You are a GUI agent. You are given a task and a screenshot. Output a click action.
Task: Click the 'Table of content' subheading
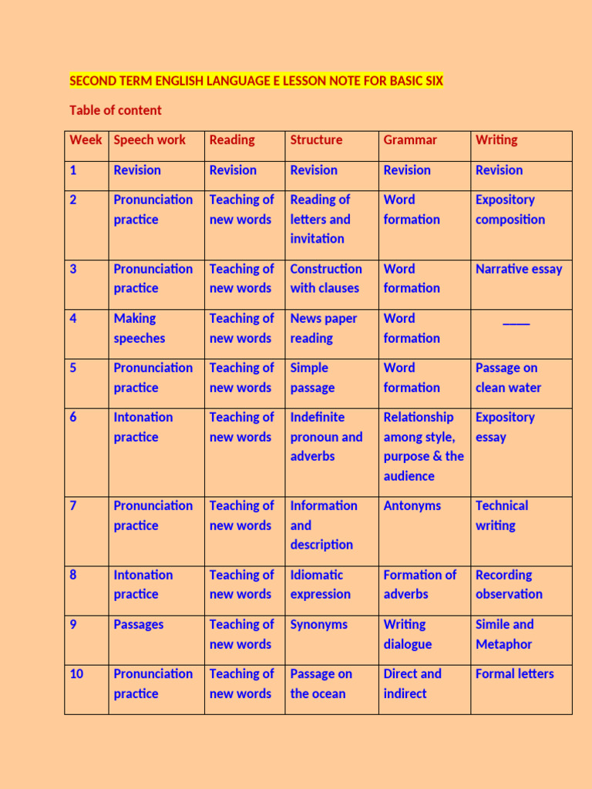pyautogui.click(x=116, y=110)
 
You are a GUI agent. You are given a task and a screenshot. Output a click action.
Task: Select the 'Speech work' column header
pyautogui.click(x=150, y=140)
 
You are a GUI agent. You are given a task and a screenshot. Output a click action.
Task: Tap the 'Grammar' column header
pyautogui.click(x=410, y=140)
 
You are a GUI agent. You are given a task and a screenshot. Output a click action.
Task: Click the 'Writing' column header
pyautogui.click(x=496, y=140)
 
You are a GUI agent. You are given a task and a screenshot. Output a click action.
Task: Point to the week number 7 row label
pyautogui.click(x=73, y=505)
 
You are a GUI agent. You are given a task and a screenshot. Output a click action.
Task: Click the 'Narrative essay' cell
pyautogui.click(x=519, y=269)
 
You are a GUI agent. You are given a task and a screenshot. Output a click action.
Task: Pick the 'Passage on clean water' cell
pyautogui.click(x=508, y=378)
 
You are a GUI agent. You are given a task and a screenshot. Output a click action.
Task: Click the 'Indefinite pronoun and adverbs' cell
pyautogui.click(x=326, y=437)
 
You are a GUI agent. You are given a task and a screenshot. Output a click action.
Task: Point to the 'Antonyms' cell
pyautogui.click(x=412, y=505)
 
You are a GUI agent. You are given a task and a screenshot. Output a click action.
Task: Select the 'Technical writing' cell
pyautogui.click(x=502, y=515)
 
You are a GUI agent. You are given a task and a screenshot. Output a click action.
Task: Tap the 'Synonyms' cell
pyautogui.click(x=318, y=625)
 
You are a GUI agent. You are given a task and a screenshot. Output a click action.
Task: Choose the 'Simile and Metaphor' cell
pyautogui.click(x=504, y=634)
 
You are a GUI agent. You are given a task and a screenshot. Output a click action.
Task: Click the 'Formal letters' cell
pyautogui.click(x=514, y=674)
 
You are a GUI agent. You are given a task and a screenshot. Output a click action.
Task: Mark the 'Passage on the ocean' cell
pyautogui.click(x=321, y=683)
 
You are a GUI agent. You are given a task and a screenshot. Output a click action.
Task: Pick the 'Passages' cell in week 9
pyautogui.click(x=139, y=625)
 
